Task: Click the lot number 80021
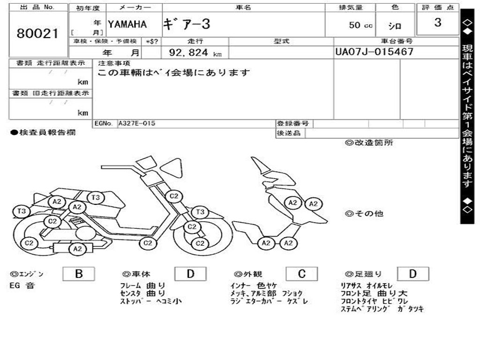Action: (37, 33)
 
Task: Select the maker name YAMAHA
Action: (127, 24)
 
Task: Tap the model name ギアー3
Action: (187, 24)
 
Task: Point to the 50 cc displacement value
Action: (360, 25)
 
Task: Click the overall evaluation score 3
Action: (437, 22)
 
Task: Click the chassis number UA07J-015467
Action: (374, 52)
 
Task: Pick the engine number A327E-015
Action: (136, 123)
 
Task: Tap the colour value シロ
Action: (395, 26)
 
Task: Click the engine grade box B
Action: (78, 274)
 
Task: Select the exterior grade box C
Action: (301, 274)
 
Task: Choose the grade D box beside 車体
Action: (190, 274)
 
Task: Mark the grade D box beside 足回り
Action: (412, 274)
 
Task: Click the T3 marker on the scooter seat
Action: (96, 198)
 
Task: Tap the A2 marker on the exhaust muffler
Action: (77, 249)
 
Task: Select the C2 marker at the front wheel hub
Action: (200, 243)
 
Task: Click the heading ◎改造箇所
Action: (369, 143)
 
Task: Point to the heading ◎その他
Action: (364, 214)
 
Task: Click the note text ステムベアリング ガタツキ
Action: (382, 309)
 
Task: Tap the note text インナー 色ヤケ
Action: (254, 285)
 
